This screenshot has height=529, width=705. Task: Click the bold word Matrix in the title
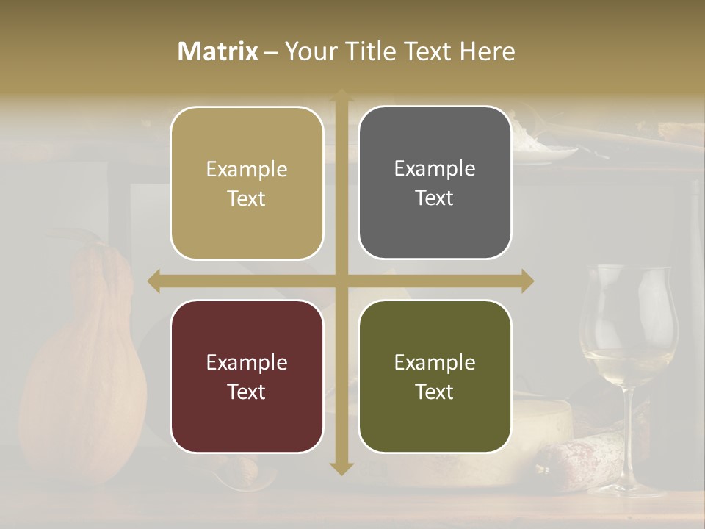(x=218, y=51)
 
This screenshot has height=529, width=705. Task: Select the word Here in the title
(x=487, y=51)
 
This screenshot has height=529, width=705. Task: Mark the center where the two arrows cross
(x=341, y=281)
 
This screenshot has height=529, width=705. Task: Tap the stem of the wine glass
(x=629, y=433)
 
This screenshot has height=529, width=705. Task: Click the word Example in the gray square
(x=435, y=169)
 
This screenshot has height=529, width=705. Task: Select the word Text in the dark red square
(x=247, y=392)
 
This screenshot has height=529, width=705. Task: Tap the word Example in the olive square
(x=435, y=362)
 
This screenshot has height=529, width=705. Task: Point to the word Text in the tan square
(x=247, y=198)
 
